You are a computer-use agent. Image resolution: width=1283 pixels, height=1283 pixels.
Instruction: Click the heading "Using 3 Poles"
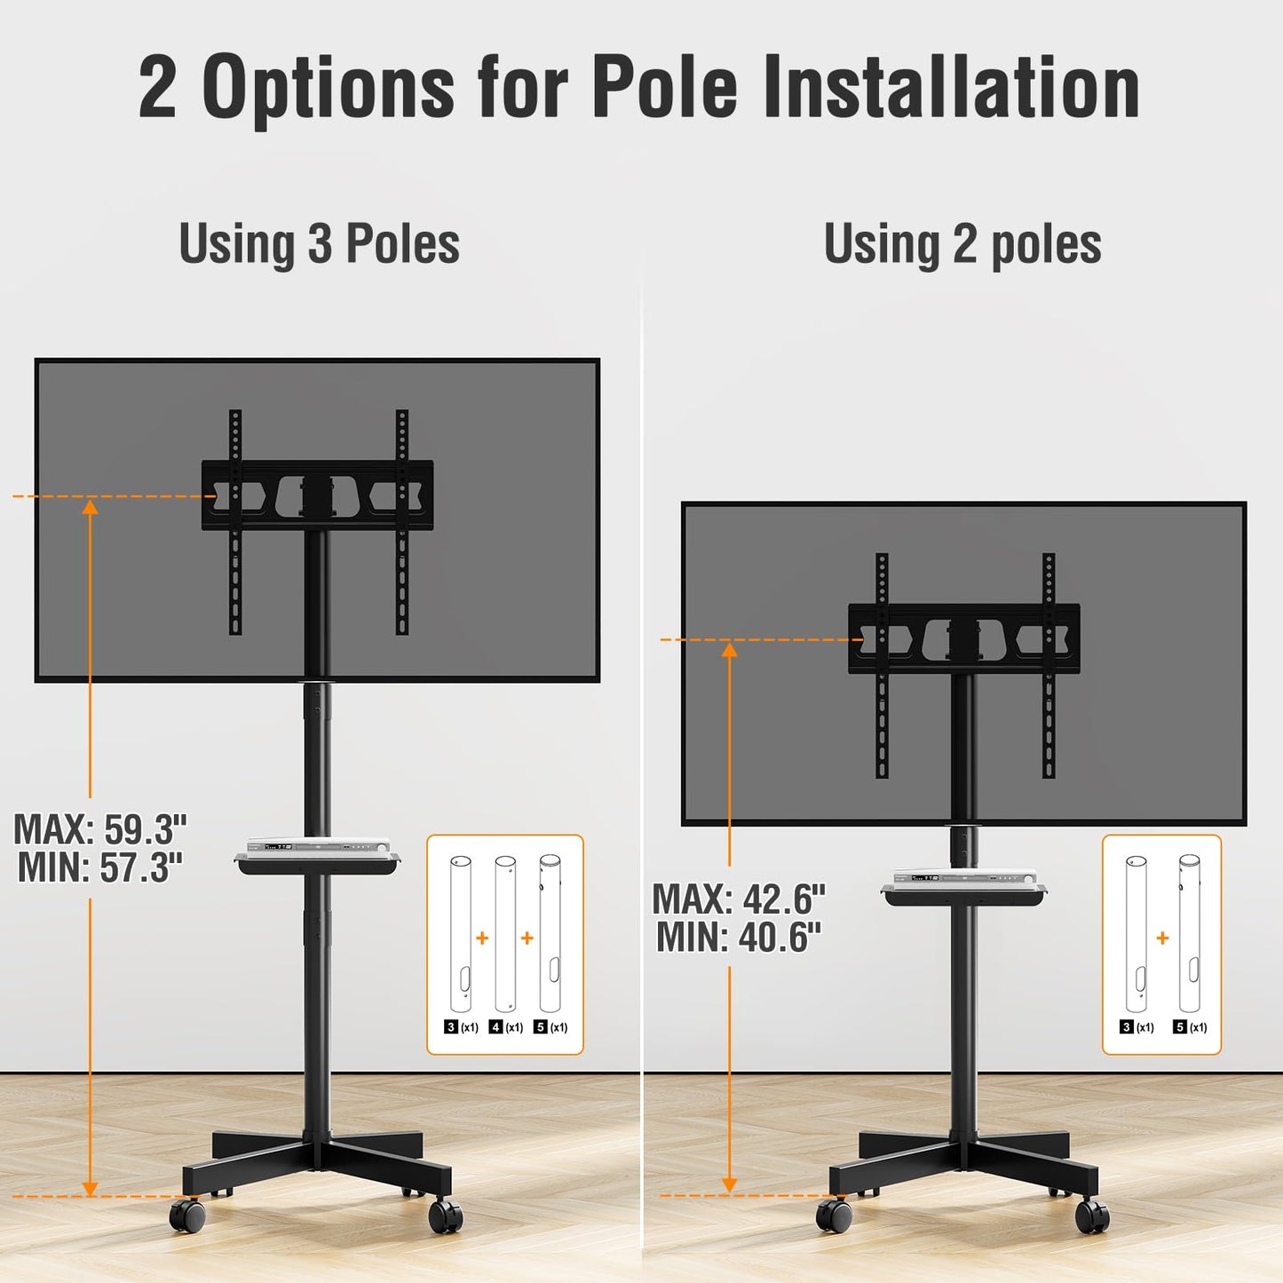pyautogui.click(x=319, y=244)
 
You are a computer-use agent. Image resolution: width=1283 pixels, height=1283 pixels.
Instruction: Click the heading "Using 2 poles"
pyautogui.click(x=962, y=244)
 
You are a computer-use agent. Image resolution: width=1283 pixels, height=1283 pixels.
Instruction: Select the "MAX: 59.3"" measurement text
pyautogui.click(x=100, y=829)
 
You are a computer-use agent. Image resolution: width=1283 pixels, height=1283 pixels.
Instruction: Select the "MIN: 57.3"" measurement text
pyautogui.click(x=100, y=867)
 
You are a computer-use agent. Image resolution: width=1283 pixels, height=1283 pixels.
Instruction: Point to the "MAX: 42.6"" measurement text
pyautogui.click(x=739, y=899)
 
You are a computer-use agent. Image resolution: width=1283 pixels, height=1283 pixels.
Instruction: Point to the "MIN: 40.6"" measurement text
pyautogui.click(x=739, y=938)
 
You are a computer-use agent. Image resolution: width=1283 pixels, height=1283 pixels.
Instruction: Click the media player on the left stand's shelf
pyautogui.click(x=318, y=845)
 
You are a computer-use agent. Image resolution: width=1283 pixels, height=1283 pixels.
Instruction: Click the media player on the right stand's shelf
pyautogui.click(x=964, y=876)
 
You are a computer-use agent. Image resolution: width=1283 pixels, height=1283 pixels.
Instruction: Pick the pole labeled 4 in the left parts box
pyautogui.click(x=505, y=933)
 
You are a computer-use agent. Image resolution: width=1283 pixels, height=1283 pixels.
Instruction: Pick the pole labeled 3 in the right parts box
pyautogui.click(x=1136, y=933)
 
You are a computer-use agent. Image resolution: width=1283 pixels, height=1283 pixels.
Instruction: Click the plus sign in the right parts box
pyautogui.click(x=1163, y=938)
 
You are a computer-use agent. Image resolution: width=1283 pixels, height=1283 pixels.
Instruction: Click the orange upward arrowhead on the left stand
pyautogui.click(x=90, y=507)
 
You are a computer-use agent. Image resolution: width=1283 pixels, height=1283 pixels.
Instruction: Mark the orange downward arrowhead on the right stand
pyautogui.click(x=729, y=1184)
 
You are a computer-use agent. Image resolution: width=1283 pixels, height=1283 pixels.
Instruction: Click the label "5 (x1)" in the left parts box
pyautogui.click(x=550, y=1027)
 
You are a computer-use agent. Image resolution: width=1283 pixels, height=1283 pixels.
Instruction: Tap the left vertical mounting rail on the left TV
pyautogui.click(x=235, y=522)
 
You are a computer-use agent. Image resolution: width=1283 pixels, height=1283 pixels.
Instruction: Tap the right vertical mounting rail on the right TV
pyautogui.click(x=1049, y=666)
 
